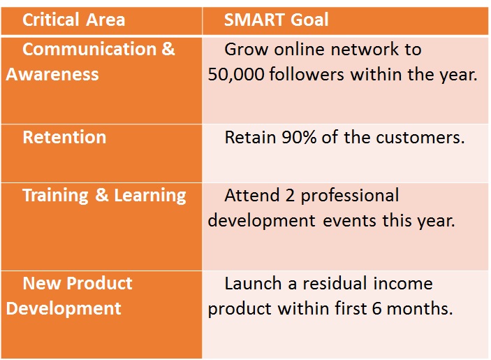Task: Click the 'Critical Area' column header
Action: click(73, 20)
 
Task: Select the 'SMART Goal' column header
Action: click(276, 20)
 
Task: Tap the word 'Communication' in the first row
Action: click(89, 49)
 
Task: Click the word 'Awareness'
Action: click(52, 75)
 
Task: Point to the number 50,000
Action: click(236, 75)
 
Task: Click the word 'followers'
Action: click(306, 75)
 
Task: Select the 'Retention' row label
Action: click(64, 137)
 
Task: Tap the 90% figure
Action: click(299, 138)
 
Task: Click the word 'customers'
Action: click(420, 138)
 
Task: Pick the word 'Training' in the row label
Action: click(55, 196)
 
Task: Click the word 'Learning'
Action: click(150, 196)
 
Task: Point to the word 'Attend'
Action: click(252, 196)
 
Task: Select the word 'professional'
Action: click(350, 196)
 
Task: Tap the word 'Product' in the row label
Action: click(99, 284)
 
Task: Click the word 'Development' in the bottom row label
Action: click(64, 309)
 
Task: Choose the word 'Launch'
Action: click(253, 284)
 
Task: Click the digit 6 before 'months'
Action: click(376, 309)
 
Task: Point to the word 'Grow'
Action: click(247, 50)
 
